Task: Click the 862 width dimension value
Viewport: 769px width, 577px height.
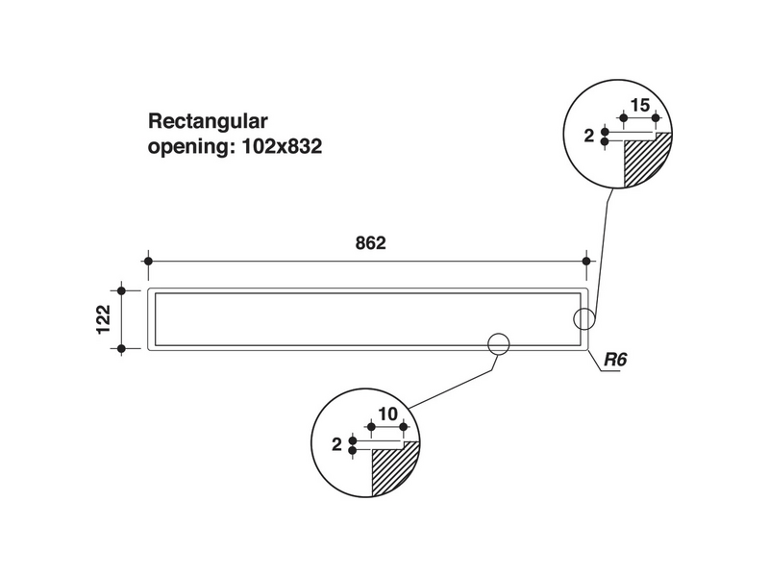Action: tap(370, 243)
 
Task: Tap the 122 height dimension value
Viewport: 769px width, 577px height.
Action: tap(104, 319)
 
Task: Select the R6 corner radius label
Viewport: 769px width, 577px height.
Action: tap(615, 360)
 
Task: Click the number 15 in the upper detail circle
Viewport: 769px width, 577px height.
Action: tap(640, 105)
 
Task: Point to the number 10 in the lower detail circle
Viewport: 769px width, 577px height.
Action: tap(387, 414)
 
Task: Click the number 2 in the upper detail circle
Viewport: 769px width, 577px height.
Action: tap(589, 136)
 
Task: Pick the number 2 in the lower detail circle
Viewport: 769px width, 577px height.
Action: tap(336, 444)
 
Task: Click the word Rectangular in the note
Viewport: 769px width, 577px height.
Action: tap(208, 121)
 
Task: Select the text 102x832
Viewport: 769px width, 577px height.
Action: tap(283, 146)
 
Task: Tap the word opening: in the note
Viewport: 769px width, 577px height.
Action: tap(191, 147)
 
